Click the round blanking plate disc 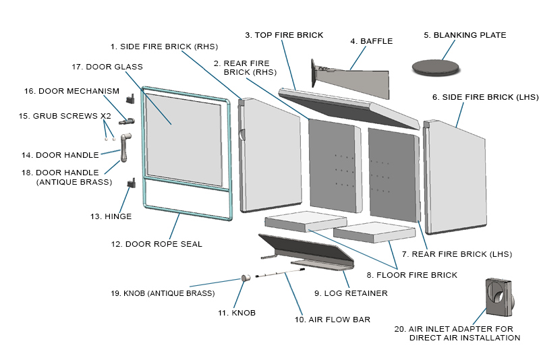coord(435,66)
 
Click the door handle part coord(125,148)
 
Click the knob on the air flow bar coord(246,278)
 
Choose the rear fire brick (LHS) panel coord(394,172)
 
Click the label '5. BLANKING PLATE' coord(465,35)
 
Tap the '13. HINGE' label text coord(111,216)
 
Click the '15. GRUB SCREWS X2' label coord(65,116)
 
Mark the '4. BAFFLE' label coord(371,41)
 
